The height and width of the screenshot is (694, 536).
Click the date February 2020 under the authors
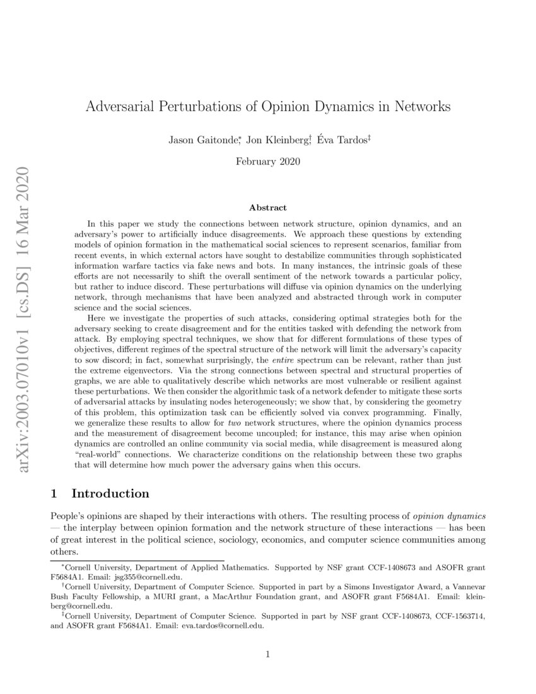click(267, 161)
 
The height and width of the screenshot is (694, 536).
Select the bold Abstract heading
click(267, 208)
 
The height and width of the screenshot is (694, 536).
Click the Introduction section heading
click(110, 493)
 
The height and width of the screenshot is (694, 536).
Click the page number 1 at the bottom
click(268, 654)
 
